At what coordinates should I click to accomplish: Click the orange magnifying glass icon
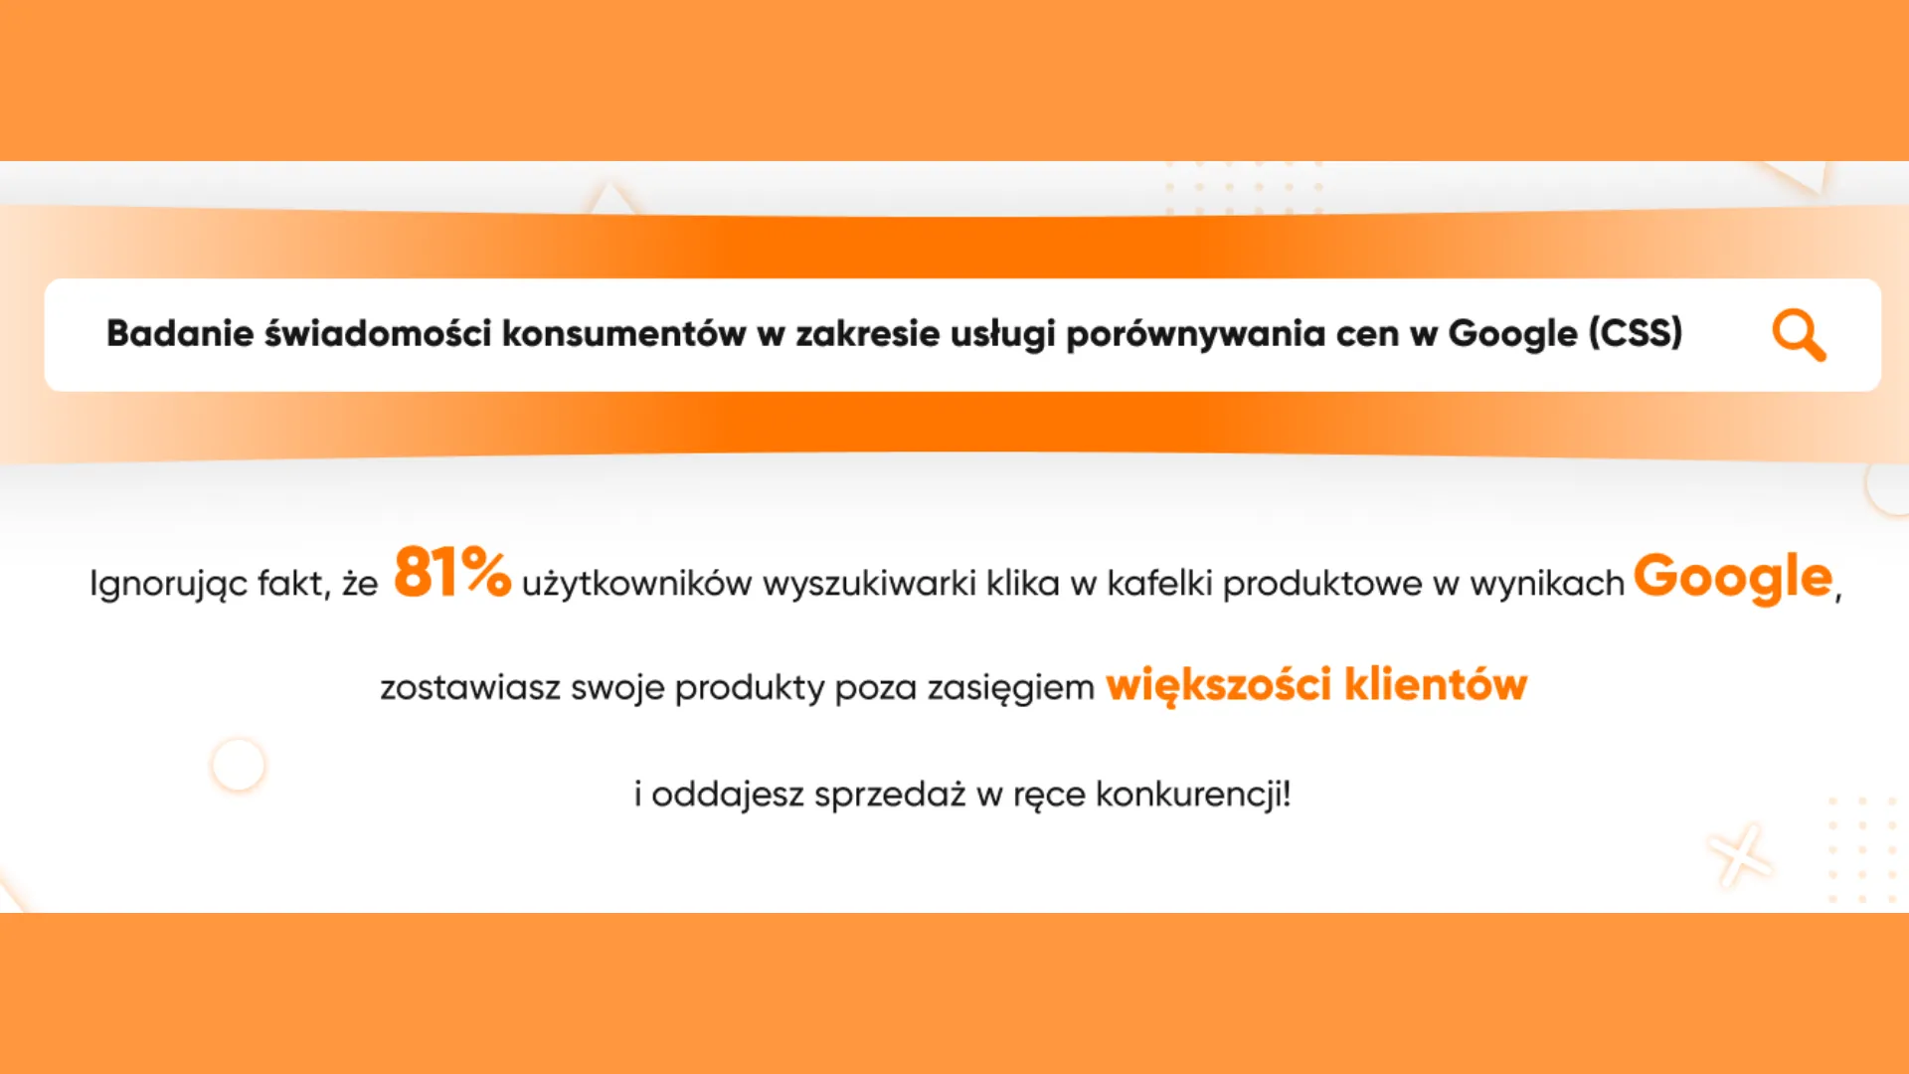1799,335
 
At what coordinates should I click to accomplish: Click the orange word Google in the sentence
1733,577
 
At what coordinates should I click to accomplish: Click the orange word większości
1219,685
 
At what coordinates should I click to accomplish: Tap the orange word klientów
1436,684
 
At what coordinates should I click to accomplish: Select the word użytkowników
636,584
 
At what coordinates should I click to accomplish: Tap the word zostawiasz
470,687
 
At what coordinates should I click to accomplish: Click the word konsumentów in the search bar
623,333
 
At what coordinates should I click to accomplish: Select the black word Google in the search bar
1512,334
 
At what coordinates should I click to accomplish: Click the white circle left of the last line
239,765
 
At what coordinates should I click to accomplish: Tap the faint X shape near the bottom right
1740,855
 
